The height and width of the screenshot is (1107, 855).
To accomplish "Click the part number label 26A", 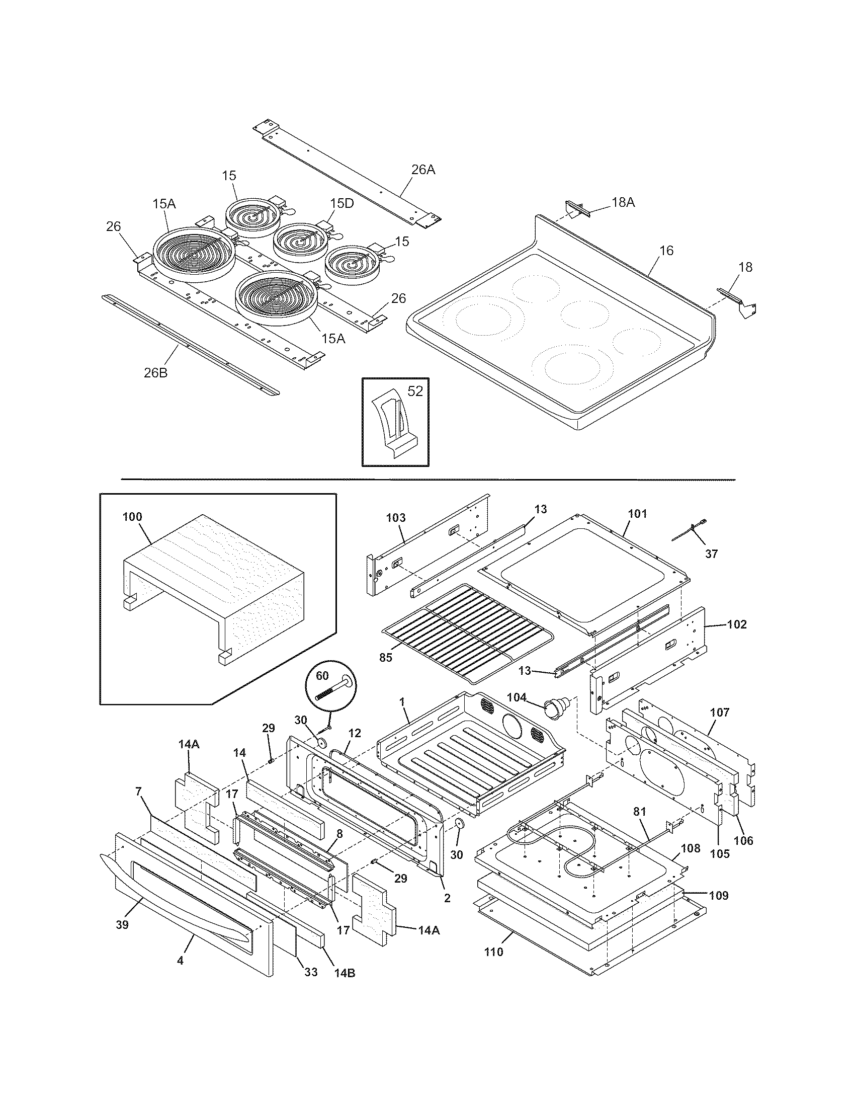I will tap(423, 169).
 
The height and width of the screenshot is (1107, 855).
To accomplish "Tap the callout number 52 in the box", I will tap(415, 391).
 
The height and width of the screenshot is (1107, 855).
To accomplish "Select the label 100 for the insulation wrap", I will tap(132, 517).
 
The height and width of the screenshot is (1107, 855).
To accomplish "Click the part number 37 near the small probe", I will tap(711, 554).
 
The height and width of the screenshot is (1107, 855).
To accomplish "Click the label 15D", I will tap(342, 203).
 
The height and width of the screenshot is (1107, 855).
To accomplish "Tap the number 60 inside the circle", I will tap(322, 675).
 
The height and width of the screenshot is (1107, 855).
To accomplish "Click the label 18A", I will tap(623, 202).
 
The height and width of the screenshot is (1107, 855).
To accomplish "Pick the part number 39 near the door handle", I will tap(122, 924).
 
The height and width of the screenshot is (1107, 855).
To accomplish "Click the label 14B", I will tap(345, 973).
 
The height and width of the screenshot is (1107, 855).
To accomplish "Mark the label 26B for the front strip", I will tap(156, 373).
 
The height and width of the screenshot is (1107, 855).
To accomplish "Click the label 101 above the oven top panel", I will tap(637, 514).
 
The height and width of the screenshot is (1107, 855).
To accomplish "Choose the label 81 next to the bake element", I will tap(640, 812).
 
